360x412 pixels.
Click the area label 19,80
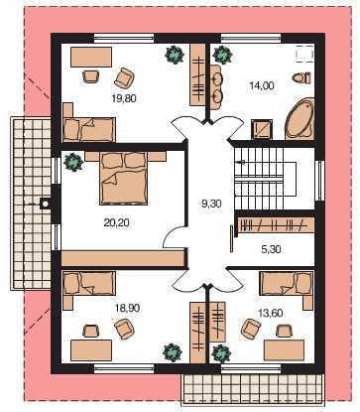pyautogui.click(x=124, y=98)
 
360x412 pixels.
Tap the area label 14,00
pyautogui.click(x=262, y=85)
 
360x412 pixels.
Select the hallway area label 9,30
pyautogui.click(x=211, y=204)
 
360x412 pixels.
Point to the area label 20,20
pyautogui.click(x=116, y=222)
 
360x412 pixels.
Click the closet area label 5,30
pyautogui.click(x=271, y=249)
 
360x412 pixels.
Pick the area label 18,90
pyautogui.click(x=127, y=308)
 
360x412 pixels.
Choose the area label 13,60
pyautogui.click(x=270, y=313)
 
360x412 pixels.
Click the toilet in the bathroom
pyautogui.click(x=301, y=78)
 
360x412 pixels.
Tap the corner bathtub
pyautogui.click(x=300, y=118)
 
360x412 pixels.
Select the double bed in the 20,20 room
pyautogui.click(x=123, y=178)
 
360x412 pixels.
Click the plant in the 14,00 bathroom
pyautogui.click(x=222, y=55)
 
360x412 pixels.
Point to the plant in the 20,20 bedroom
pyautogui.click(x=73, y=162)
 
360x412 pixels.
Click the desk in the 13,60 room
pyautogui.click(x=284, y=349)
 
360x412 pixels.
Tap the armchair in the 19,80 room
pyautogui.click(x=124, y=77)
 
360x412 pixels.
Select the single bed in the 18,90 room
pyautogui.click(x=89, y=283)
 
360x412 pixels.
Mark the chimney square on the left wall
pyautogui.click(x=45, y=204)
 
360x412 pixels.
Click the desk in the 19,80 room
pyautogui.click(x=91, y=57)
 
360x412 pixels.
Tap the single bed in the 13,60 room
pyautogui.click(x=287, y=283)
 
